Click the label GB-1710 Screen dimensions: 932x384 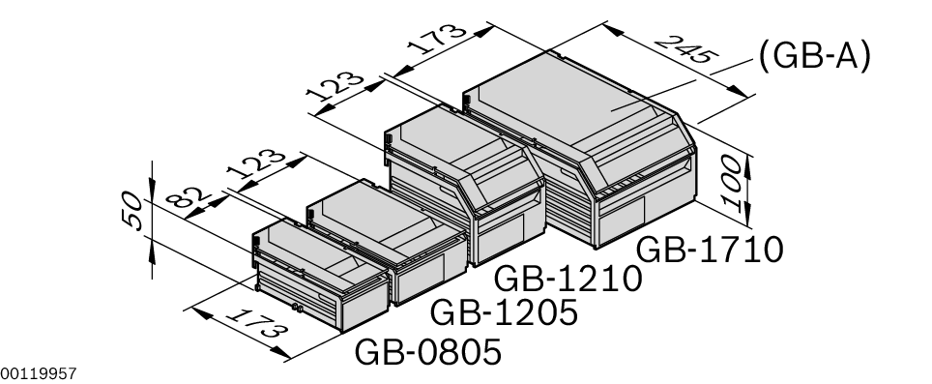tap(710, 250)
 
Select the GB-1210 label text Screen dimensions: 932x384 tap(568, 279)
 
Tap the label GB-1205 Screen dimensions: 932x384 tap(504, 312)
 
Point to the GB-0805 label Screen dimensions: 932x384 tap(428, 352)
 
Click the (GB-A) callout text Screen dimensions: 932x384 tap(814, 56)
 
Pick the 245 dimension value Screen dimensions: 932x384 tap(686, 49)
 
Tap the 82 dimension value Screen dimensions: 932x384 tap(188, 195)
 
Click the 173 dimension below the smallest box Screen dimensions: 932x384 tap(257, 323)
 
